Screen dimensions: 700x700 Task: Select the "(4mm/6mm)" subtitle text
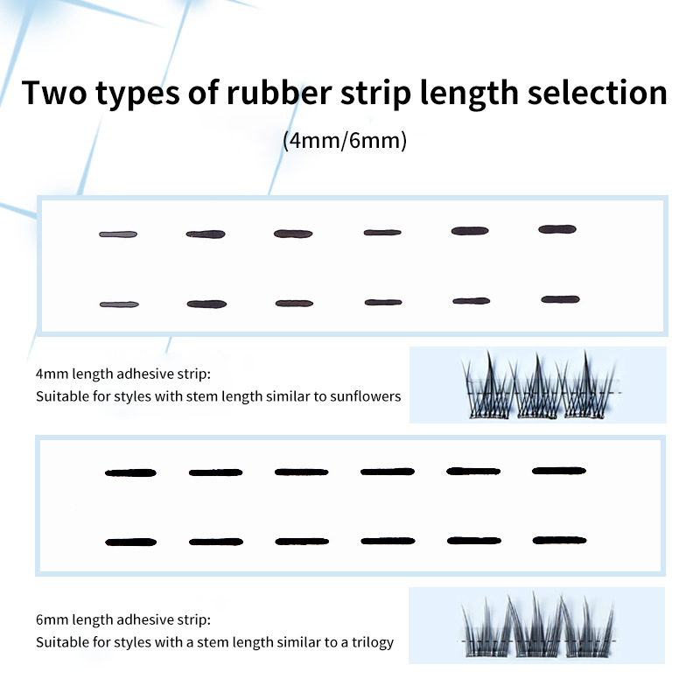[x=346, y=141]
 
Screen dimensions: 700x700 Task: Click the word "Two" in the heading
[x=57, y=93]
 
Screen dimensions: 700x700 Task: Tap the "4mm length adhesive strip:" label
[x=123, y=374]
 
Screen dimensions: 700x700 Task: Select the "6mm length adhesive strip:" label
[x=123, y=619]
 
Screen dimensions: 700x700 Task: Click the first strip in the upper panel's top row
[x=118, y=234]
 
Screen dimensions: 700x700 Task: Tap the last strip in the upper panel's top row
[x=557, y=229]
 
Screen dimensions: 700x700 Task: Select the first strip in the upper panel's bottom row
[x=119, y=304]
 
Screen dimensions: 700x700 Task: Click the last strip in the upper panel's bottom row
[x=560, y=299]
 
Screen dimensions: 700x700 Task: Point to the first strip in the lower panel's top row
[x=130, y=472]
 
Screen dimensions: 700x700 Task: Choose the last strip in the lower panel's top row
[x=559, y=471]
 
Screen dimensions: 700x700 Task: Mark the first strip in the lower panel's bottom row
[x=130, y=542]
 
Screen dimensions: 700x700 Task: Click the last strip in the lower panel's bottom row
[x=559, y=540]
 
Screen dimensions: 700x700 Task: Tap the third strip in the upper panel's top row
[x=293, y=233]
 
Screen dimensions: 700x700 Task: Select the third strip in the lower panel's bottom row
[x=301, y=542]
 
